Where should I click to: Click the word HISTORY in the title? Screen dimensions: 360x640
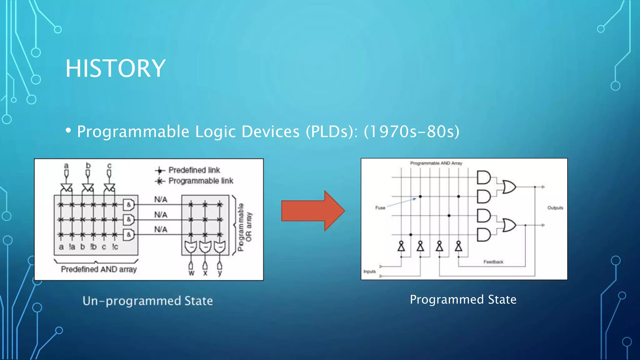point(115,68)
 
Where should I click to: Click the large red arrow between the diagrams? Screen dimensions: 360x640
point(312,211)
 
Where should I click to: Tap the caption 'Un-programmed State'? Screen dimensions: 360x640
point(147,301)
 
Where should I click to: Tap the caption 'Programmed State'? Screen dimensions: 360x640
point(463,299)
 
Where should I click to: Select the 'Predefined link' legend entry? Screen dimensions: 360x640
point(194,170)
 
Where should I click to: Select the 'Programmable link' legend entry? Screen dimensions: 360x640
point(200,181)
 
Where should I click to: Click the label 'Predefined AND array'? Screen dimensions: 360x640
point(99,269)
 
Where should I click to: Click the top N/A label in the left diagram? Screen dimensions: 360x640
point(161,199)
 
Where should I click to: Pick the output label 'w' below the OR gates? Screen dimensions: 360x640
point(191,273)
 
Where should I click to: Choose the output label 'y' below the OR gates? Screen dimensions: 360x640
point(220,273)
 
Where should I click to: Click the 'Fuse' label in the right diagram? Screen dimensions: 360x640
point(380,208)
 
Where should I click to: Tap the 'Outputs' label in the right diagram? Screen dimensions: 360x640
point(555,208)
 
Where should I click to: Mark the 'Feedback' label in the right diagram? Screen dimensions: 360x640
point(493,262)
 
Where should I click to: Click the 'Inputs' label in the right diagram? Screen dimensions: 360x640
point(369,272)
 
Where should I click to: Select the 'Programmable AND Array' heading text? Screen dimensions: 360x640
point(436,163)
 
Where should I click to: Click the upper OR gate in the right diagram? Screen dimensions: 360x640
point(509,187)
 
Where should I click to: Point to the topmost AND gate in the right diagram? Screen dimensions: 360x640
point(483,177)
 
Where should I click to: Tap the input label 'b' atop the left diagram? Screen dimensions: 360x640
point(88,165)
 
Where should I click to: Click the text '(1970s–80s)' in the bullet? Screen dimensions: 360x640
point(412,132)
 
